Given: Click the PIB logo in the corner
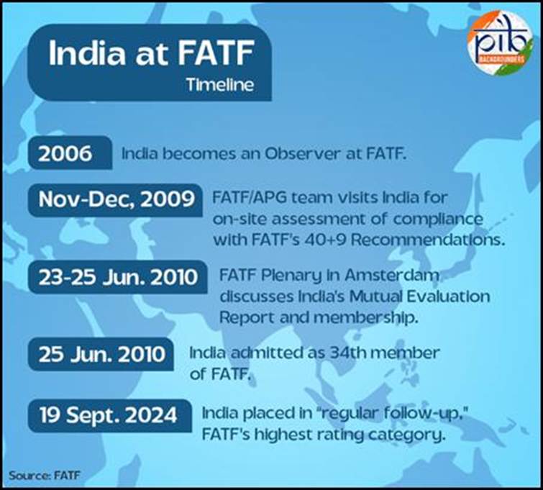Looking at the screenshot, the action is [x=501, y=42].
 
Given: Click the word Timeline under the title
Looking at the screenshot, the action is [x=220, y=85].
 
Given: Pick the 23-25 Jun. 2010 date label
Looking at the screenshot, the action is [x=118, y=277].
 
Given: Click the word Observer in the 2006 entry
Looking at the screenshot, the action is [x=301, y=153].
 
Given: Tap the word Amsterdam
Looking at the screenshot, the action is [x=392, y=275].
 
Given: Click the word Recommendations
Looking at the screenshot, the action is [x=428, y=240].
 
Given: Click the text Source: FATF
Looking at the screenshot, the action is [x=45, y=475].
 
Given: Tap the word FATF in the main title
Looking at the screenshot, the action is [x=216, y=53].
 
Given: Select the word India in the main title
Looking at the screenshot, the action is [x=87, y=53].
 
